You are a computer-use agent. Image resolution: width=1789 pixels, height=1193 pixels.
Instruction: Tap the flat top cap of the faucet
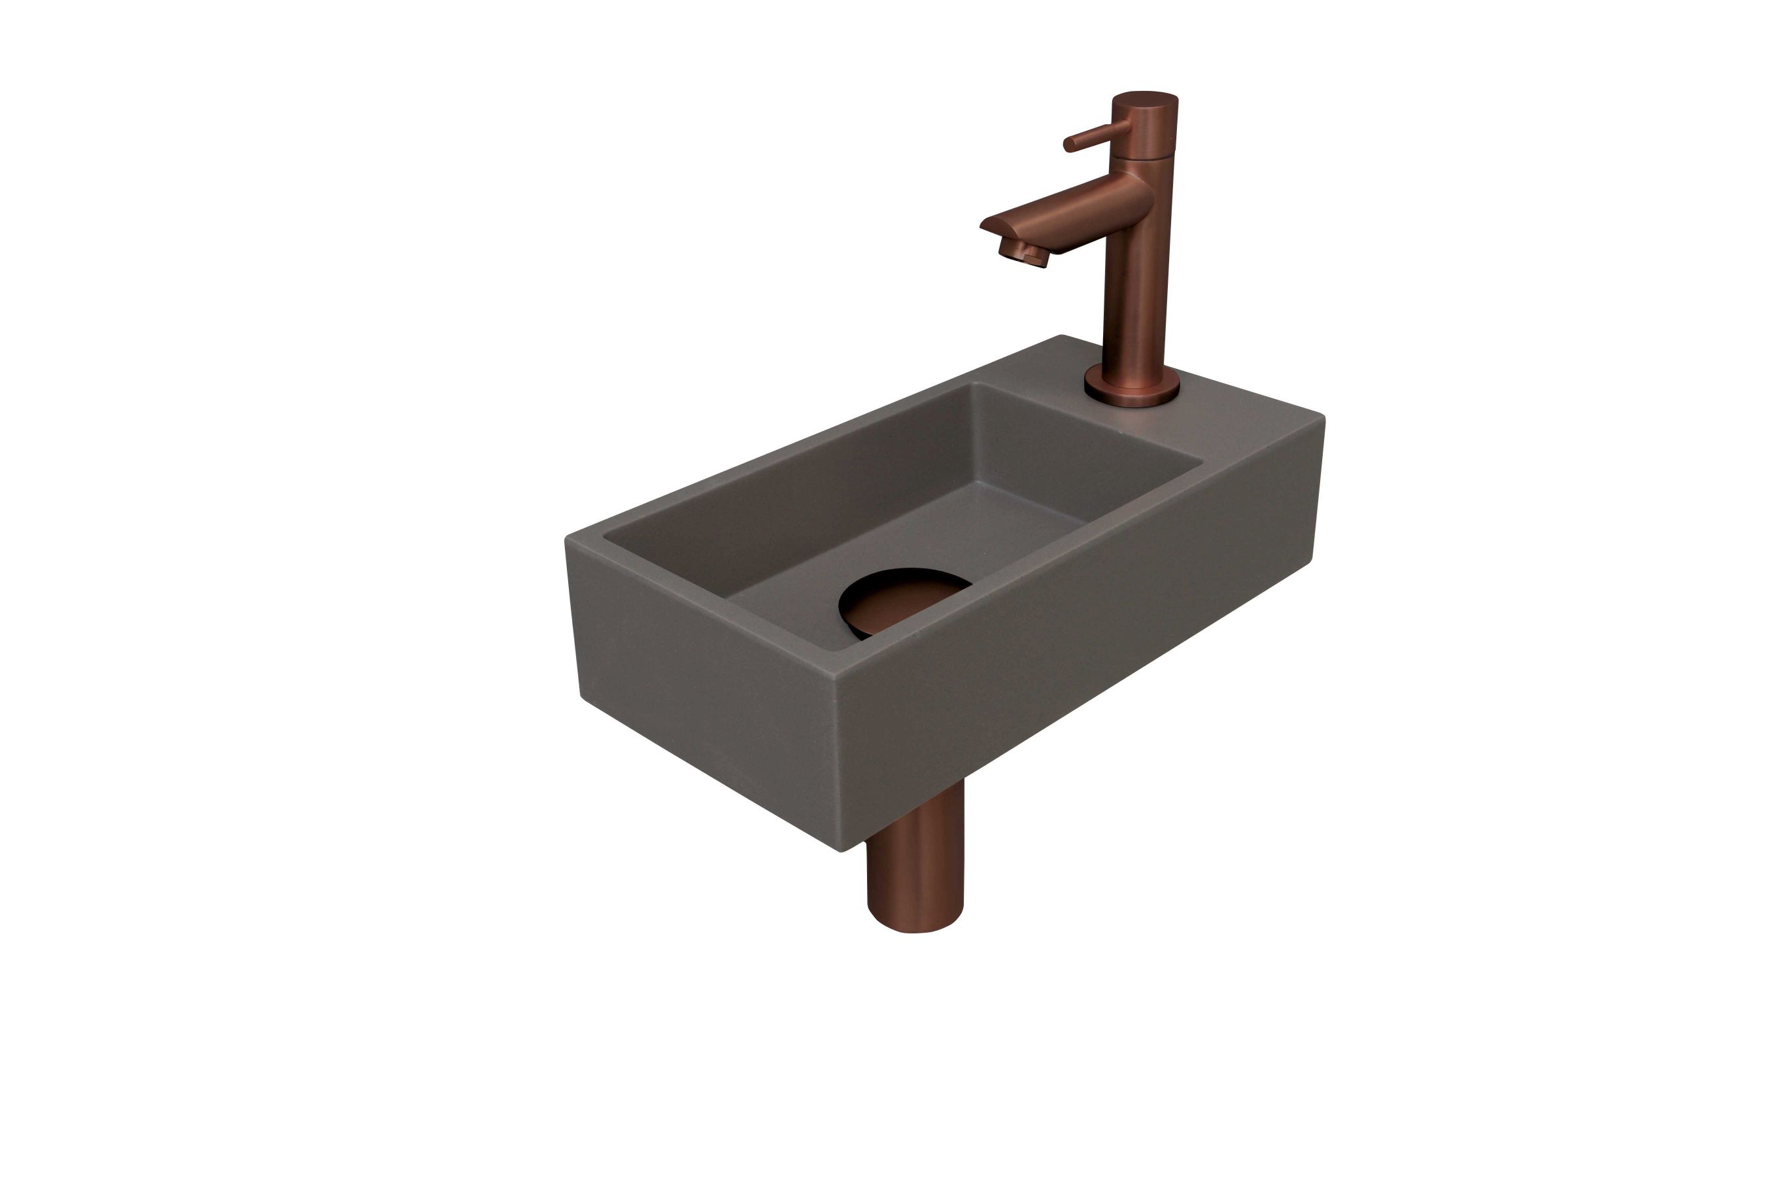(x=1145, y=99)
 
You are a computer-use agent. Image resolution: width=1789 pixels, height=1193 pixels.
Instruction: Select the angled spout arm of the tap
(x=1065, y=213)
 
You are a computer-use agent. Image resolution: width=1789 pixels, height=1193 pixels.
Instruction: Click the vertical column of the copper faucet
(x=1133, y=289)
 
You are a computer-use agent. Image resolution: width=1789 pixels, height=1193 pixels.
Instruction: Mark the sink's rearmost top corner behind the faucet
(x=1061, y=336)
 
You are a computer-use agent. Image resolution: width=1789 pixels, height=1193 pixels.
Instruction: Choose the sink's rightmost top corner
(x=1322, y=418)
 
